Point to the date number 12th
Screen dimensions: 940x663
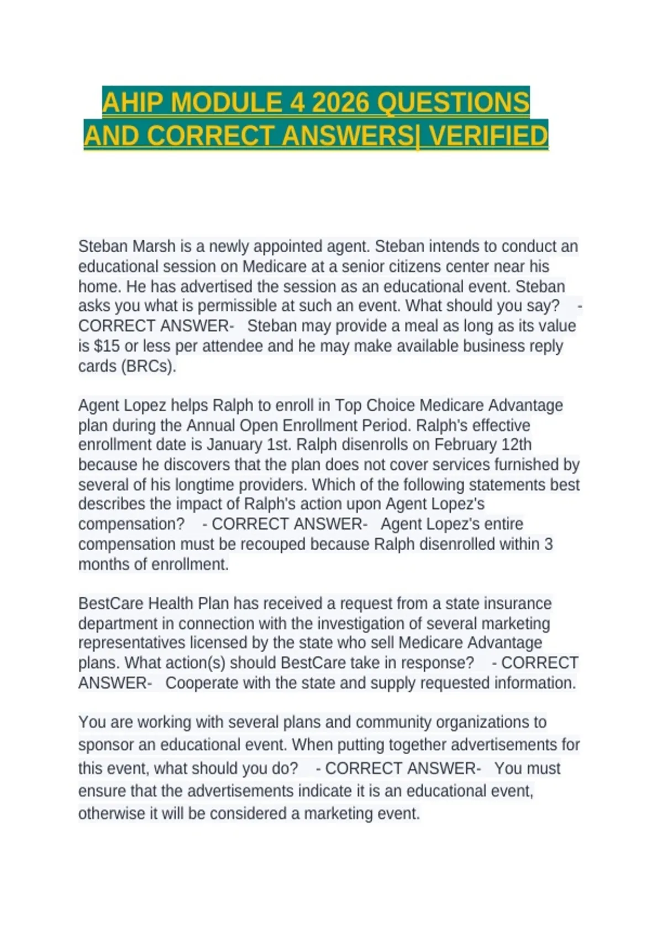517,445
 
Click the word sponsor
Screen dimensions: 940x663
106,745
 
